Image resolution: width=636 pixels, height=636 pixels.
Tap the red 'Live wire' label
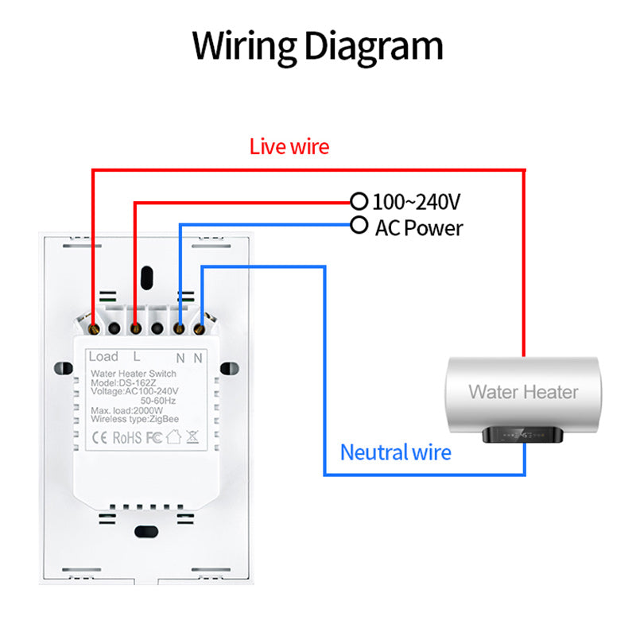(289, 146)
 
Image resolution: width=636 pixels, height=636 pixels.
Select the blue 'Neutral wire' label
(395, 453)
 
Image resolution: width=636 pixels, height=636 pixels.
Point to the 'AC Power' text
(419, 228)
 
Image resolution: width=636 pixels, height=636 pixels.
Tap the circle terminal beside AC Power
(359, 225)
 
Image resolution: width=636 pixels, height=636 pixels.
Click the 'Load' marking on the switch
(103, 356)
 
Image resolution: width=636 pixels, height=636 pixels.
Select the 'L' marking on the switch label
(137, 357)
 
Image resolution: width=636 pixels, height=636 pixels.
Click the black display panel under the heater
(524, 436)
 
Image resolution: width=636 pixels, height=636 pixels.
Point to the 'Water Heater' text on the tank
(523, 391)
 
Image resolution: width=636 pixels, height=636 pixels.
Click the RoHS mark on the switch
(126, 436)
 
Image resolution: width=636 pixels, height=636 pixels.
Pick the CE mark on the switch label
(100, 436)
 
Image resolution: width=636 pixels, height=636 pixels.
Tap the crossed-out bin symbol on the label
(192, 436)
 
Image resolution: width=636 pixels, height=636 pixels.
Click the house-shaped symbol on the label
(174, 436)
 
